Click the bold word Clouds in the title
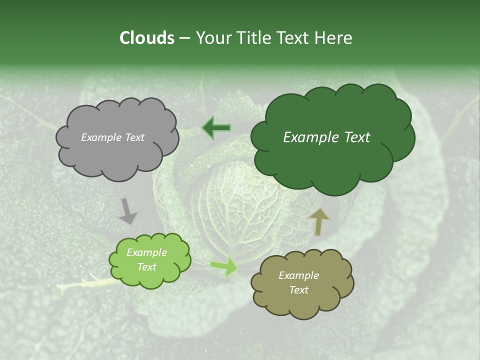pos(146,38)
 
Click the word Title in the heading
pos(255,38)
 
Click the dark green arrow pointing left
pos(216,128)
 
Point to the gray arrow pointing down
pos(127,211)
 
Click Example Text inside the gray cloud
pos(112,137)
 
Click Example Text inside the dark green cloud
pos(326,137)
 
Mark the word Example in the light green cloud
pos(146,252)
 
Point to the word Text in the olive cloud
pos(298,290)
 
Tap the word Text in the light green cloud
pos(146,267)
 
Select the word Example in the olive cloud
pos(298,275)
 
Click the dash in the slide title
pos(184,38)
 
